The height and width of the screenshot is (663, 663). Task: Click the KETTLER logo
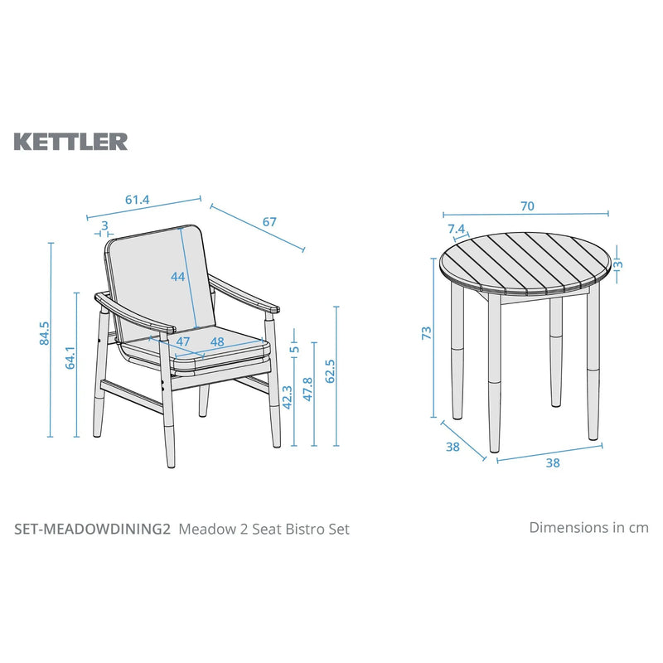tap(70, 141)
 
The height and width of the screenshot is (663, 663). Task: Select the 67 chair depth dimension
tap(269, 222)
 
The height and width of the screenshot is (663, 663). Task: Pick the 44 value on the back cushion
tap(177, 278)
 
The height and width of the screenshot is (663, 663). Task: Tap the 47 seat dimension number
tap(183, 341)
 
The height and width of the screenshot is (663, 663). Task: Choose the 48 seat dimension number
tap(217, 341)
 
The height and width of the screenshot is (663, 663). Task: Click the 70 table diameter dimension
tap(527, 206)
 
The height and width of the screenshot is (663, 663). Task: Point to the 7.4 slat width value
tap(456, 229)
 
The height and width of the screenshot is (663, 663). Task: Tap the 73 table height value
tap(427, 333)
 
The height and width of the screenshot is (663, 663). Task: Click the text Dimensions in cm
tap(588, 527)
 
